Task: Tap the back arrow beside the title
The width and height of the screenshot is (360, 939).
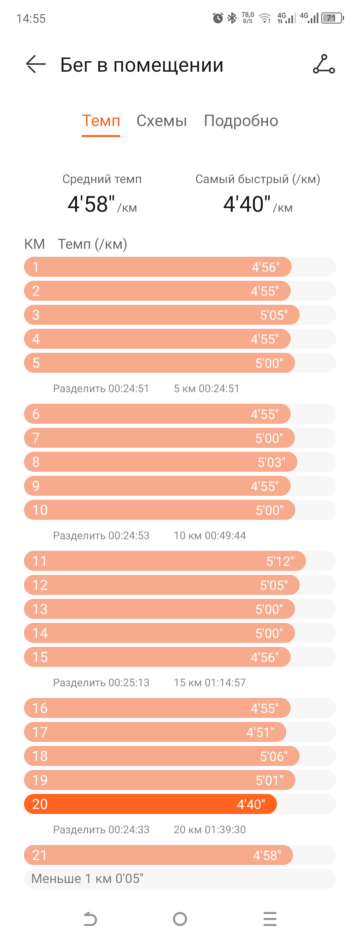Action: (x=36, y=64)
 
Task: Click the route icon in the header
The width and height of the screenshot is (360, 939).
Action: (x=324, y=64)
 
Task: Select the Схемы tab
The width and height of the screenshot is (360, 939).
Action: (x=161, y=121)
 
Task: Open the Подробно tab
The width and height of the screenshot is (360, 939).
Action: (x=241, y=121)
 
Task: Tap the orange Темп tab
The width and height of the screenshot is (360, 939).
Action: (x=101, y=121)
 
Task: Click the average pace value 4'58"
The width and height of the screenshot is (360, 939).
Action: (x=91, y=204)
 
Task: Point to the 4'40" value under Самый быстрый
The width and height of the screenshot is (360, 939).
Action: (x=247, y=204)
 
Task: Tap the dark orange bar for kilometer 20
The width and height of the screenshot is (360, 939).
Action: (x=150, y=804)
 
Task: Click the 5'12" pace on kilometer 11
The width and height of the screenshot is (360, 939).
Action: (x=280, y=561)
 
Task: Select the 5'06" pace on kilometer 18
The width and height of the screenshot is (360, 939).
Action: (x=274, y=756)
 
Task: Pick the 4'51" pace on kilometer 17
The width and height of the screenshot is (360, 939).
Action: (x=260, y=732)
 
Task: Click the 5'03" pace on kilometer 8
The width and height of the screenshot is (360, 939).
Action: (x=271, y=462)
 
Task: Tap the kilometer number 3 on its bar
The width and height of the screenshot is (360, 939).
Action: (x=36, y=315)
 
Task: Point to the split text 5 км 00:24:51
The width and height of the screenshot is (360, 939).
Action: (x=207, y=388)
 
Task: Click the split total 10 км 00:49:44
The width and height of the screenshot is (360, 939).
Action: (x=210, y=536)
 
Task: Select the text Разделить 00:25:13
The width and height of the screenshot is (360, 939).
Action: (x=101, y=682)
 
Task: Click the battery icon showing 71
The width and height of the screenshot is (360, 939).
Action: (x=332, y=18)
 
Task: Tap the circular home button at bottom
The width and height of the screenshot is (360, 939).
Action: (x=180, y=919)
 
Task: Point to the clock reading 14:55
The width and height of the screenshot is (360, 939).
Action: (x=31, y=19)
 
